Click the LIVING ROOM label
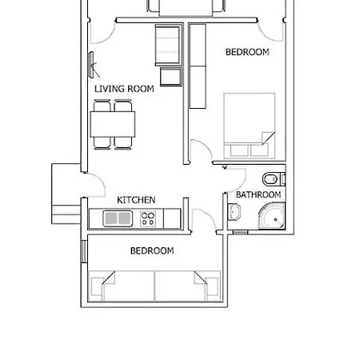pos(124,89)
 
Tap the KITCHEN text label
pos(136,200)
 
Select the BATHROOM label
pos(258,194)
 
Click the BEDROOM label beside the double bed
pos(247,52)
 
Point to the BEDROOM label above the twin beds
pos(152,250)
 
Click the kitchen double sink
pos(118,218)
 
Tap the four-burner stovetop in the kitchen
pos(148,218)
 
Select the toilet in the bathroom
pos(274,179)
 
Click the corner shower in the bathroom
pos(272,216)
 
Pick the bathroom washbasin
pos(234,212)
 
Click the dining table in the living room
pos(113,125)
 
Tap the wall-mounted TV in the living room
pos(92,65)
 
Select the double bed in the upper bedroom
pos(250,126)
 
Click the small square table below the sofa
pos(171,77)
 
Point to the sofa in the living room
pos(169,45)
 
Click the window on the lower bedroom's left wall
pos(84,252)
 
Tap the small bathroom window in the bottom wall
pos(240,233)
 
